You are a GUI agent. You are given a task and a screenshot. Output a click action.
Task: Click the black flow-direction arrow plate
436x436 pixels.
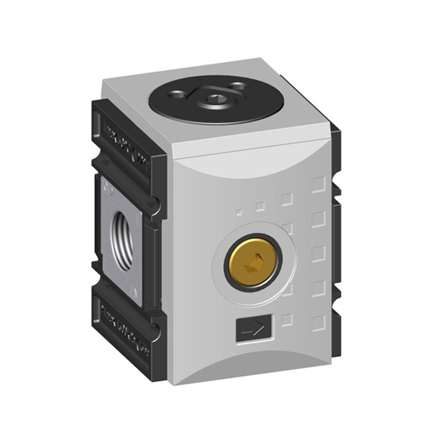252,330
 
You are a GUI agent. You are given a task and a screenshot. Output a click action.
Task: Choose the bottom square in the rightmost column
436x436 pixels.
318,323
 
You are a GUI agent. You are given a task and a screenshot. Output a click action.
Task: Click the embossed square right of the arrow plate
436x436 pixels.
287,320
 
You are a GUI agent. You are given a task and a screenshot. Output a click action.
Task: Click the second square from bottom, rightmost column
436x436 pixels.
318,288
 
